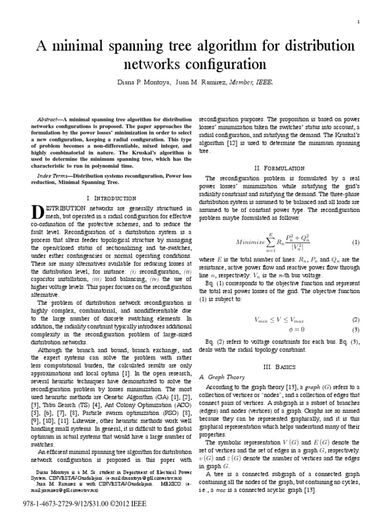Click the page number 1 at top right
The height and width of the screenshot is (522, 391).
click(359, 21)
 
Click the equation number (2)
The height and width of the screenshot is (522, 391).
click(356, 320)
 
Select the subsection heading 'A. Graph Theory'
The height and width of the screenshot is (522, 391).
click(222, 377)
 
